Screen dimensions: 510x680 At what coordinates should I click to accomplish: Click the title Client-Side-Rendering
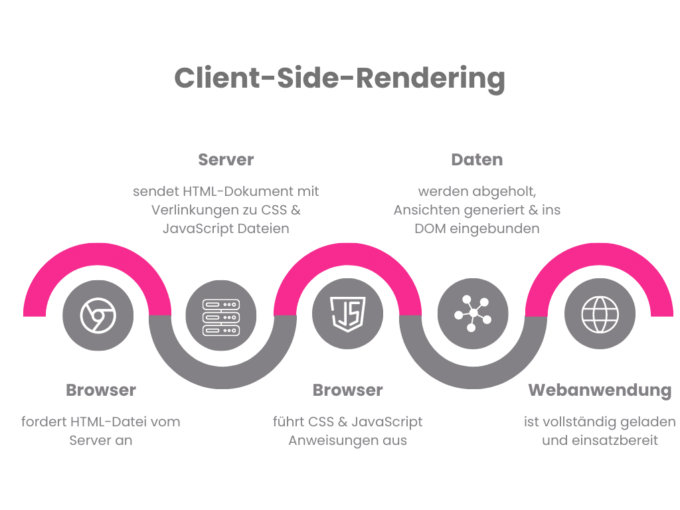[339, 78]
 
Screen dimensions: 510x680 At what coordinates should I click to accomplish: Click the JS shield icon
[347, 313]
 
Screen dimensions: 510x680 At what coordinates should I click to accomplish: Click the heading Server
[226, 160]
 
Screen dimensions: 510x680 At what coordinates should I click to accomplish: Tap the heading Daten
[477, 160]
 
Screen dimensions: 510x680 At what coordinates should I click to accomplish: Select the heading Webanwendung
[600, 390]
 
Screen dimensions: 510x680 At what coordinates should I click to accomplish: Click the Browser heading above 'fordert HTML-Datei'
[101, 390]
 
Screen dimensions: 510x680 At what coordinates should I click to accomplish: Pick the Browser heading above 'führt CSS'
[347, 390]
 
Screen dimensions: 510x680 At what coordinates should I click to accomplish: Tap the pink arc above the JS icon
[347, 262]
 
